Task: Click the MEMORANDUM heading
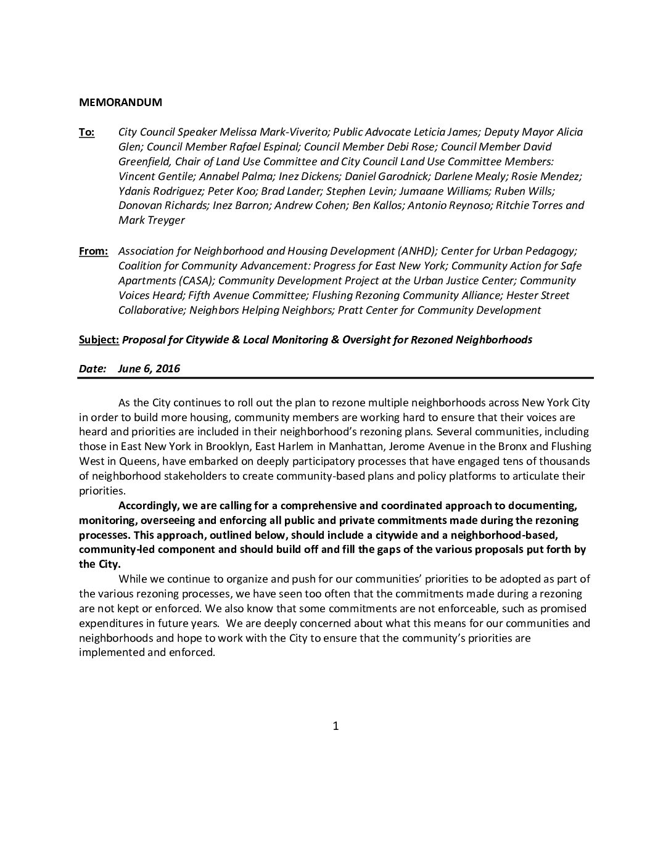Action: [120, 102]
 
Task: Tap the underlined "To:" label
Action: [86, 132]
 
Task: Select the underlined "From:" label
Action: [93, 251]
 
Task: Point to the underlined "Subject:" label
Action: [99, 339]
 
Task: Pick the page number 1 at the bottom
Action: [335, 726]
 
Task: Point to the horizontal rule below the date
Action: [335, 377]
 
